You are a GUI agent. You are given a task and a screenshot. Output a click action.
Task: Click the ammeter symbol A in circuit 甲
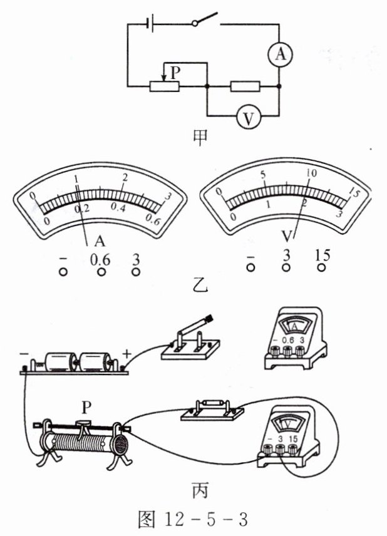(280, 54)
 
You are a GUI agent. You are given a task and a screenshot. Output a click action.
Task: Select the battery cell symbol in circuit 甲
(150, 24)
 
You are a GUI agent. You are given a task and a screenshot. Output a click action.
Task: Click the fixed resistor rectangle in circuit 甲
(245, 86)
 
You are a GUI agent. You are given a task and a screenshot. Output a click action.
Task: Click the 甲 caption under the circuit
(200, 138)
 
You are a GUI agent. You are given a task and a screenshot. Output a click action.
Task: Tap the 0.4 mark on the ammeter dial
(118, 208)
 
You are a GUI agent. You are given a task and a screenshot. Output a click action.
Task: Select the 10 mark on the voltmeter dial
(311, 173)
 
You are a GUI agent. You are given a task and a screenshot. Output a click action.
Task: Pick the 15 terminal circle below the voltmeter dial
(321, 267)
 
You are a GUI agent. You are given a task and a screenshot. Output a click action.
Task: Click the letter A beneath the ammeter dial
(100, 241)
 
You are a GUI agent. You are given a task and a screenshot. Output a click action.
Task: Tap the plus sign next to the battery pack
(126, 353)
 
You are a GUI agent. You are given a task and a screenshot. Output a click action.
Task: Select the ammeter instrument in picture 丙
(296, 338)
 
